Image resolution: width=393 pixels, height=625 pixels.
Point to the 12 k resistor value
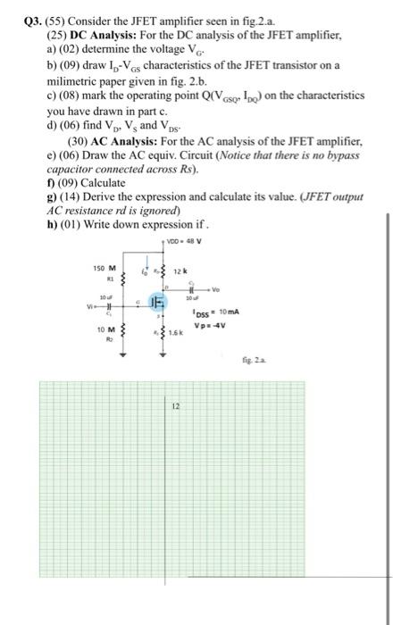click(180, 271)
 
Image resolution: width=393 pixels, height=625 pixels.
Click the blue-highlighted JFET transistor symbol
click(154, 304)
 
